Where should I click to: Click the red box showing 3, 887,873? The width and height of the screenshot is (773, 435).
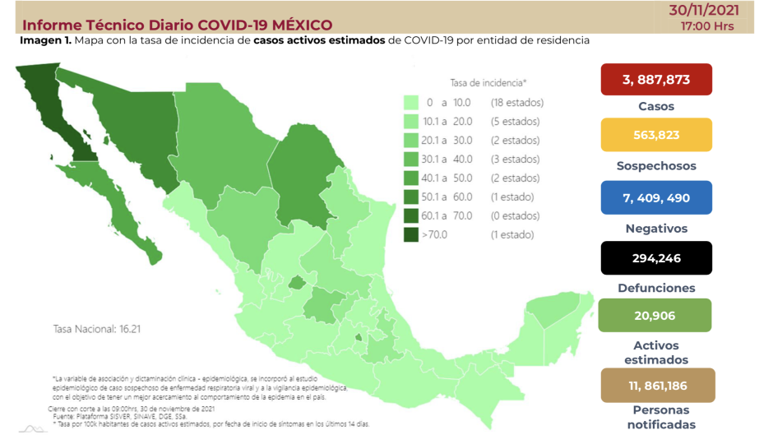[655, 80]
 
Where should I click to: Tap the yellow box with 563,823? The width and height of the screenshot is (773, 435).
[655, 135]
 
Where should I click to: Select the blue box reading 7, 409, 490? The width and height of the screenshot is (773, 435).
[655, 198]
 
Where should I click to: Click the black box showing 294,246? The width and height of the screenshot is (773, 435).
[655, 258]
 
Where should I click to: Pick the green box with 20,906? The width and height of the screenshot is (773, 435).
[655, 315]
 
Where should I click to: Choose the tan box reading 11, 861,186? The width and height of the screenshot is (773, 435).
[655, 385]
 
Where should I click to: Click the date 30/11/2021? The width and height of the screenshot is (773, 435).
[705, 10]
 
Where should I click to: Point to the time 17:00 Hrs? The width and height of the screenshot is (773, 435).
[707, 25]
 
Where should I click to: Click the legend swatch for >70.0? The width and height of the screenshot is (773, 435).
[411, 235]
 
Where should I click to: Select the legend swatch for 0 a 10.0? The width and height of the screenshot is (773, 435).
[411, 103]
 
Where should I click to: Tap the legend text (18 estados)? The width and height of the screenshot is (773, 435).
[516, 103]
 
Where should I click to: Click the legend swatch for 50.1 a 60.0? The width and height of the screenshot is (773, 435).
[411, 197]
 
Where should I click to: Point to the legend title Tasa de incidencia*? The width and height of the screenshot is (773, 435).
[488, 83]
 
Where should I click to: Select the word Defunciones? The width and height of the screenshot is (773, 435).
[655, 288]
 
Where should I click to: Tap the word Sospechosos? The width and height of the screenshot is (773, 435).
[655, 165]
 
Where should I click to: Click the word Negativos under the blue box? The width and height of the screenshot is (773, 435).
[655, 229]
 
